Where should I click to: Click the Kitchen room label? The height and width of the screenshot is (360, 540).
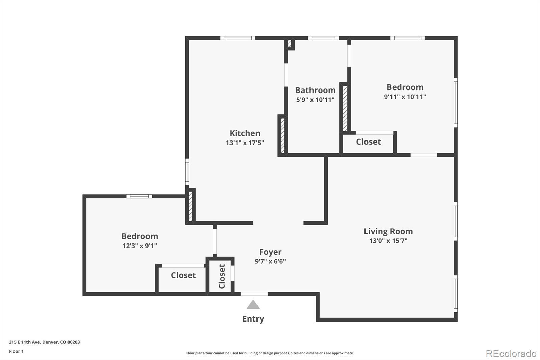coord(245,133)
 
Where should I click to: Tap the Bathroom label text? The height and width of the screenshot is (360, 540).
coord(315,90)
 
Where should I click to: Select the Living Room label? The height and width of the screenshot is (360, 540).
coord(388,231)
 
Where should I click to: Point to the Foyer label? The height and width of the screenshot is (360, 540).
coord(270,252)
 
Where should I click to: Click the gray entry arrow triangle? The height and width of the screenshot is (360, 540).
coord(253,305)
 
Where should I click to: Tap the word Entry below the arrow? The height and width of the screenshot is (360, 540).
coord(253,319)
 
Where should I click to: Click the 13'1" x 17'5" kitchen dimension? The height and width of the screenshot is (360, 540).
coord(245,143)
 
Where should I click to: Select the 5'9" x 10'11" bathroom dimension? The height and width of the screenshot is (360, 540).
coord(315,100)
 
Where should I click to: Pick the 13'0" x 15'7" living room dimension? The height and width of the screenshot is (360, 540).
coord(388,241)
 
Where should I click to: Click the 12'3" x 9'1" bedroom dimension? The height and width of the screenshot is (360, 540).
coord(140,246)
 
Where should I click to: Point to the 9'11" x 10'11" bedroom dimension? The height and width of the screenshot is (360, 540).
coord(405,97)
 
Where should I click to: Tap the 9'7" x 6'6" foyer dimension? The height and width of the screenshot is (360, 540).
coord(270,261)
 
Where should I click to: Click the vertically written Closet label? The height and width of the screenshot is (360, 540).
coord(222,277)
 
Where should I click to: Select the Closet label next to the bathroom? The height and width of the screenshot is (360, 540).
coord(368,142)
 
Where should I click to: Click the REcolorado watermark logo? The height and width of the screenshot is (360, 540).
coord(511,354)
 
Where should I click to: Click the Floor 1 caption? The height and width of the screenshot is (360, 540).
coord(16,351)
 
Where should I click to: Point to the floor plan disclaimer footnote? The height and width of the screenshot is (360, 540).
coord(270,353)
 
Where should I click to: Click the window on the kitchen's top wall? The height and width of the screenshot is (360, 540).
coord(238,38)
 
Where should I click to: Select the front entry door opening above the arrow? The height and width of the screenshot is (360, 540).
coord(254,294)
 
